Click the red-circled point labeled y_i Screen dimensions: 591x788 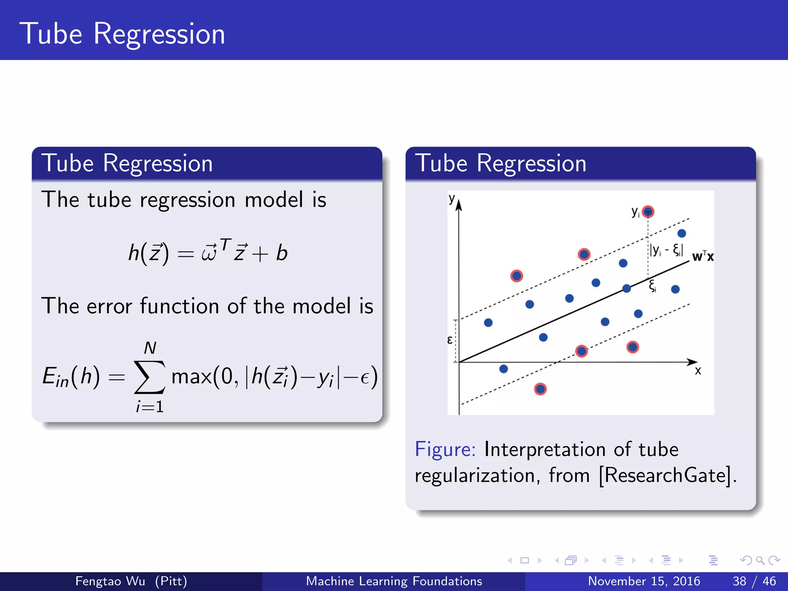click(648, 212)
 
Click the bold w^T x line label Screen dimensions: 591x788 click(703, 256)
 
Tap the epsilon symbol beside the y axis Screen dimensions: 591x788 click(450, 340)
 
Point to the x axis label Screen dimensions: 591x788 click(698, 371)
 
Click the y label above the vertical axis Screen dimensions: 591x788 click(452, 199)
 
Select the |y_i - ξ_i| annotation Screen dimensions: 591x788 click(666, 250)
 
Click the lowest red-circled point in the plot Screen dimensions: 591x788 click(540, 389)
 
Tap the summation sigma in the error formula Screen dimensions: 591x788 click(150, 377)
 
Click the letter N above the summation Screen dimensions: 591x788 click(150, 348)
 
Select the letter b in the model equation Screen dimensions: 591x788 click(282, 253)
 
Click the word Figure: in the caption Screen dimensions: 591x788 click(445, 449)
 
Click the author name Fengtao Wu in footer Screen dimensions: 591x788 click(110, 581)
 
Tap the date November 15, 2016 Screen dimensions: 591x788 click(644, 581)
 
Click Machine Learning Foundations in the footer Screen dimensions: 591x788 click(394, 581)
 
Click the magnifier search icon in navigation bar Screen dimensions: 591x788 click(760, 561)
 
